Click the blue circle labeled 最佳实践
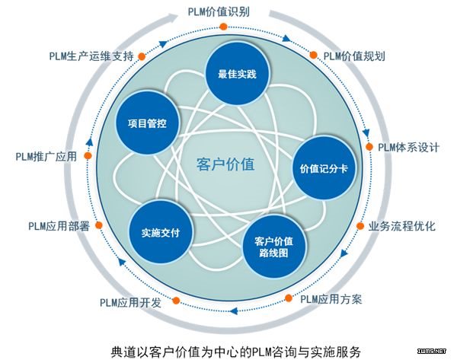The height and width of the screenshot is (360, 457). pyautogui.click(x=237, y=73)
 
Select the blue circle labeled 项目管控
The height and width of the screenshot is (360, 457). pyautogui.click(x=146, y=123)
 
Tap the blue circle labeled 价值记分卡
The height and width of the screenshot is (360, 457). pyautogui.click(x=324, y=167)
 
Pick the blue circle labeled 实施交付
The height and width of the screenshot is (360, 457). pyautogui.click(x=161, y=232)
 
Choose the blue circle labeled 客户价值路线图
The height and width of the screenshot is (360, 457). pyautogui.click(x=274, y=247)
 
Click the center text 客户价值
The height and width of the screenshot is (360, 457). pyautogui.click(x=225, y=164)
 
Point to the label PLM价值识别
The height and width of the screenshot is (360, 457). pyautogui.click(x=219, y=12)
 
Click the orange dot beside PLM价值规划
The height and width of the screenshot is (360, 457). pyautogui.click(x=313, y=55)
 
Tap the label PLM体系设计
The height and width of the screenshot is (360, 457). pyautogui.click(x=408, y=147)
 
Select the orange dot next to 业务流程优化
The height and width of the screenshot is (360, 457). pyautogui.click(x=360, y=226)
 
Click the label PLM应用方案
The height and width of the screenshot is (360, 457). pyautogui.click(x=331, y=299)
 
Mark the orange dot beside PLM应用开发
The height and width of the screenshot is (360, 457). pyautogui.click(x=176, y=301)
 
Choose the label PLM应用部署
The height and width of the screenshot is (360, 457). pyautogui.click(x=59, y=226)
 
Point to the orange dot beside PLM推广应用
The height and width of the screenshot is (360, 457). pyautogui.click(x=88, y=155)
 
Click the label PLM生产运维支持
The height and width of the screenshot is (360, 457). pyautogui.click(x=91, y=56)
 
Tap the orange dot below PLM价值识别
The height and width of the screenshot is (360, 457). pyautogui.click(x=223, y=27)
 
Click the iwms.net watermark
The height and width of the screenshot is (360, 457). pyautogui.click(x=432, y=351)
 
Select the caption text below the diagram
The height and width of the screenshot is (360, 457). pyautogui.click(x=236, y=352)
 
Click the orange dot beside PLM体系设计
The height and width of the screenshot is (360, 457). pyautogui.click(x=369, y=146)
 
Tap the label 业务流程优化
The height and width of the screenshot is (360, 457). pyautogui.click(x=402, y=226)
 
